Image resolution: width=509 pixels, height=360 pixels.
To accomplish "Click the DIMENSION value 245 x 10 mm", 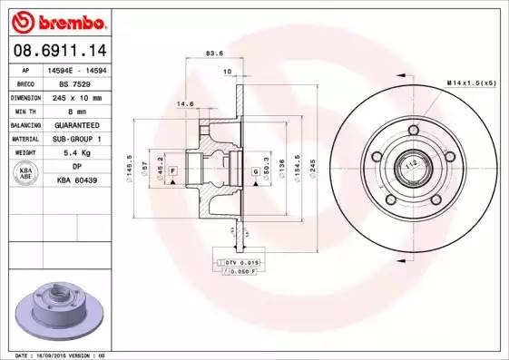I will (x=76, y=96).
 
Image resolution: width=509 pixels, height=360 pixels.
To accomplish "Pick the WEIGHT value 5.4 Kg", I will (x=76, y=152).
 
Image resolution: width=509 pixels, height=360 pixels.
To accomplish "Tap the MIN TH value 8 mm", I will (x=76, y=110).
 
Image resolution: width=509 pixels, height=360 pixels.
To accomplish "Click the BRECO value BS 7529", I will (x=76, y=83).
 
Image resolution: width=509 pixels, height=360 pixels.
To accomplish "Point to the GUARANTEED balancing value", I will (x=76, y=124).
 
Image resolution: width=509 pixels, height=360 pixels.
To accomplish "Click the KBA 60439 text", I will (x=76, y=180).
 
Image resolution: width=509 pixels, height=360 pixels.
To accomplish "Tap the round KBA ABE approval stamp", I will (x=26, y=174).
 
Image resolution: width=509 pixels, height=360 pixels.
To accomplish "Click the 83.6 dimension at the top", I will (x=214, y=54).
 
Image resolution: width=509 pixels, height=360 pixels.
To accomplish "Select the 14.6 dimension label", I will (x=185, y=103).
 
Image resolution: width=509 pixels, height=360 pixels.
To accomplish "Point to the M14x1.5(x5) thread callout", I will (x=471, y=83).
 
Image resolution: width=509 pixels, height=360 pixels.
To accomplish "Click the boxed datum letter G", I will (x=255, y=170).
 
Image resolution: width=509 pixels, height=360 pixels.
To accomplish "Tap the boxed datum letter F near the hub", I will (x=171, y=170).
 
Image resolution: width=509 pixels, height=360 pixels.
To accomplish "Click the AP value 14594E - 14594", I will (x=76, y=69).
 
